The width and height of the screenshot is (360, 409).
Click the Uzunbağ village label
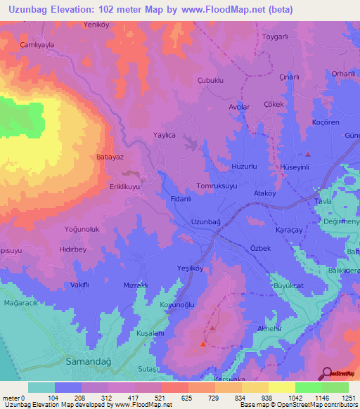[205, 222]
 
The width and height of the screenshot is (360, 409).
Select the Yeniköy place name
[98, 24]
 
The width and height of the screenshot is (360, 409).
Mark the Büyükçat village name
[290, 287]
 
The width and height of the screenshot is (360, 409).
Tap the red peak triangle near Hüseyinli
[307, 154]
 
